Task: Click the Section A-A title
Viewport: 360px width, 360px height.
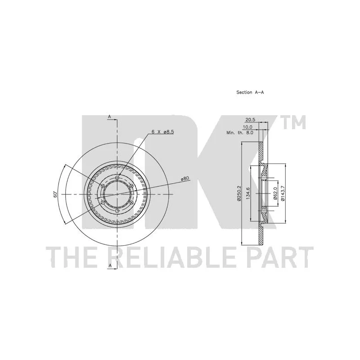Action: [x=250, y=92]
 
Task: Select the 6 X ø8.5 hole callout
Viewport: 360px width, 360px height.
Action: [x=163, y=132]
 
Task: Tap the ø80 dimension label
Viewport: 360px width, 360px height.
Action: [x=184, y=178]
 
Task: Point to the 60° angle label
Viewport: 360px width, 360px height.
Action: [x=55, y=194]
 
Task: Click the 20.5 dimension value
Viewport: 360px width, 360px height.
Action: [x=250, y=120]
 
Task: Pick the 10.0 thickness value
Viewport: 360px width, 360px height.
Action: [x=247, y=127]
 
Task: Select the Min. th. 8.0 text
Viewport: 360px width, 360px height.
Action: [x=240, y=133]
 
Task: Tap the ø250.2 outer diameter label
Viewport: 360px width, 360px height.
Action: [x=239, y=193]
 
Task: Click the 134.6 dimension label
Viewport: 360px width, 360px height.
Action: [x=248, y=193]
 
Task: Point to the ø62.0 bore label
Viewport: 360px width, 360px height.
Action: [x=275, y=193]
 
